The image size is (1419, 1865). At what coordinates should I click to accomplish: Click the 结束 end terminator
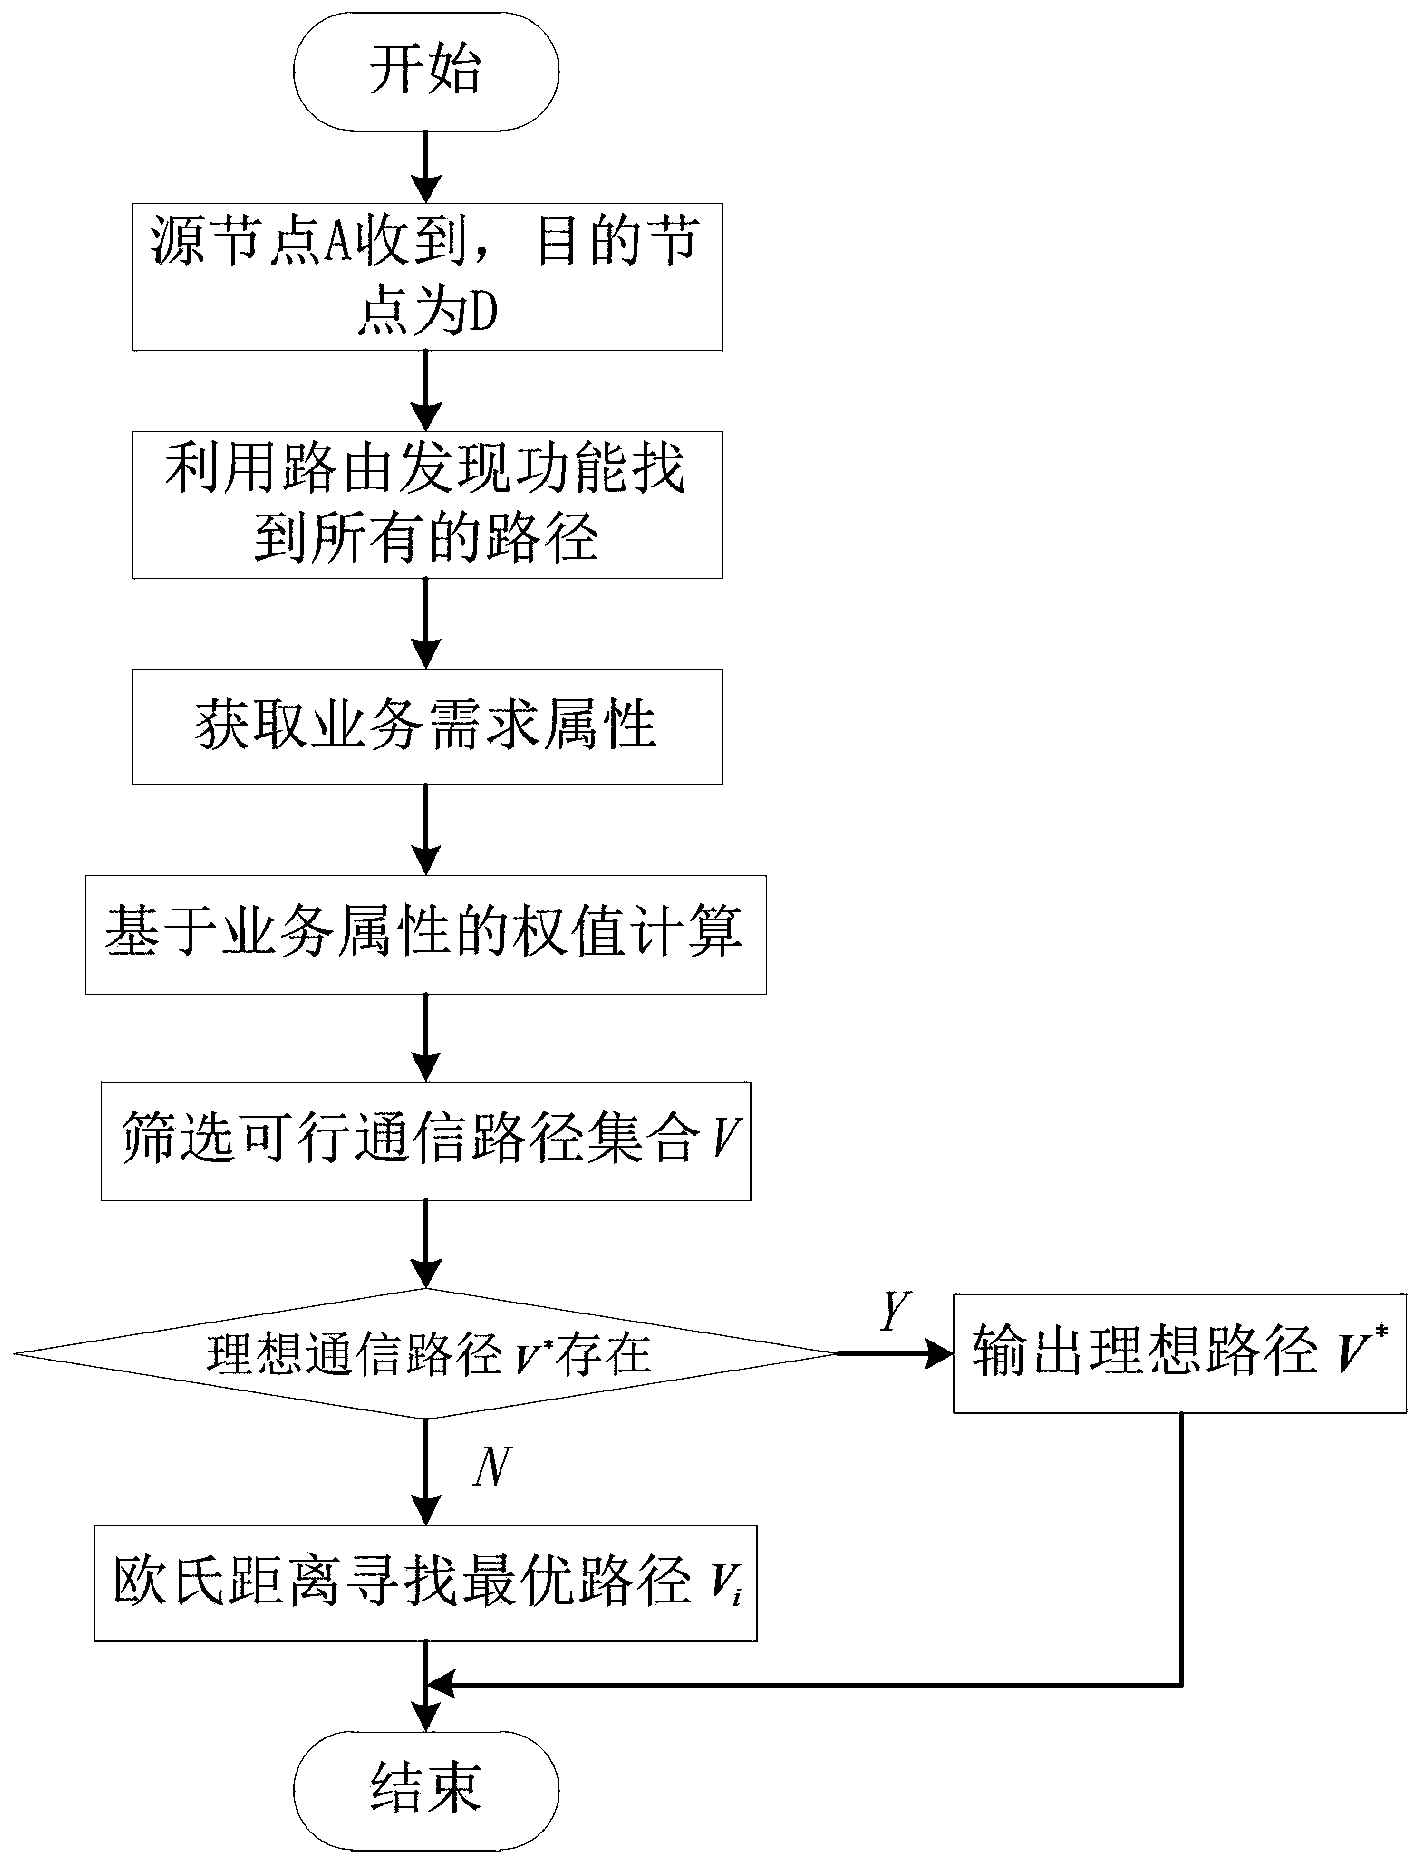click(x=426, y=1786)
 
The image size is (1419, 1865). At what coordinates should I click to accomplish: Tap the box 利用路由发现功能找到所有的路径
click(x=427, y=506)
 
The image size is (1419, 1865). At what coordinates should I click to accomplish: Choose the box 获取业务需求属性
click(x=427, y=727)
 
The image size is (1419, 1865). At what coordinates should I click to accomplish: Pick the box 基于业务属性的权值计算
click(x=425, y=934)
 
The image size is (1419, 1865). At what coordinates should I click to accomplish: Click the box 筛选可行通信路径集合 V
click(x=426, y=1140)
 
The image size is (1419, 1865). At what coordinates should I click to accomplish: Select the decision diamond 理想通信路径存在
click(x=426, y=1354)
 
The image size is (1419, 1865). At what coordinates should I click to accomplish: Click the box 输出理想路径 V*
click(x=1182, y=1354)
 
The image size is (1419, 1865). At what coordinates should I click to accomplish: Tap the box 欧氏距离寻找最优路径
click(x=425, y=1583)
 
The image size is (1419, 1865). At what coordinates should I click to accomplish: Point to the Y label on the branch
click(x=894, y=1312)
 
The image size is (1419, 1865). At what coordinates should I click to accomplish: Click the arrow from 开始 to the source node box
click(x=427, y=162)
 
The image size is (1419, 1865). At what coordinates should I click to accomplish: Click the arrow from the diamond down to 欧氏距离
click(x=427, y=1470)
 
